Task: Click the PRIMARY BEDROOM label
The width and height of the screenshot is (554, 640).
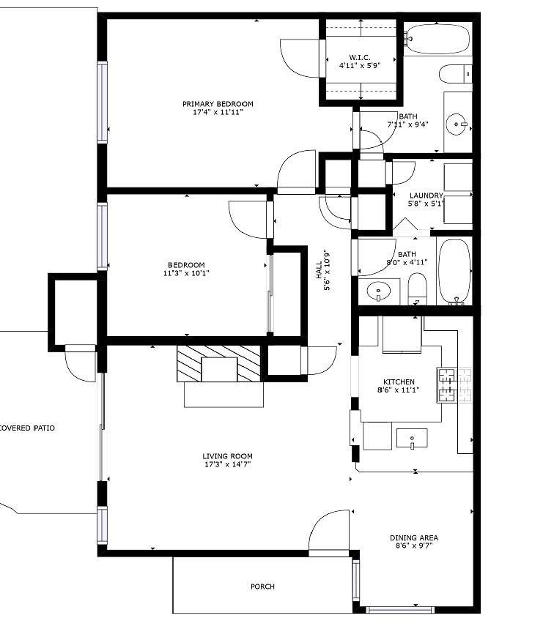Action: [218, 104]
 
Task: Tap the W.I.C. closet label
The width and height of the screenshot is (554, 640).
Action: [359, 56]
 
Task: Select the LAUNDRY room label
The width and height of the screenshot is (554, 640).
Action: [426, 196]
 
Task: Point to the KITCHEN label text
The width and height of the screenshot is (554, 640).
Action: [399, 382]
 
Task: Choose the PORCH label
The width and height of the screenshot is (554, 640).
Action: [262, 587]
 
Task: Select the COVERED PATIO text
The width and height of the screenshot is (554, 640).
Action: [26, 428]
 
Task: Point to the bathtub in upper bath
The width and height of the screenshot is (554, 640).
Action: [438, 40]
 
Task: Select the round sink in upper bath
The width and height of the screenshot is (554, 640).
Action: [459, 124]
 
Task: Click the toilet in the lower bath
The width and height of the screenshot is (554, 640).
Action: [417, 289]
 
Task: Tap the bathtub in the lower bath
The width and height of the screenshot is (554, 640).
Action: [454, 271]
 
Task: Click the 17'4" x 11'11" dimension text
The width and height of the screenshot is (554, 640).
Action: [218, 113]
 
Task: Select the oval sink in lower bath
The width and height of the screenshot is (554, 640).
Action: [378, 291]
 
